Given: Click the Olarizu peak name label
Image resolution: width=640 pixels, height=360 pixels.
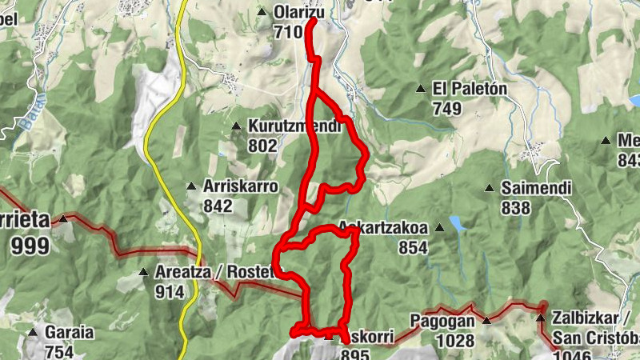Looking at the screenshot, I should tap(298, 13).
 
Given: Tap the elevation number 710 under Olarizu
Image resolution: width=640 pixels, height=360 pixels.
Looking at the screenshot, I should tap(286, 32).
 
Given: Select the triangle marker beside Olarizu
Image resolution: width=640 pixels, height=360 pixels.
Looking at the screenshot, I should tap(263, 11).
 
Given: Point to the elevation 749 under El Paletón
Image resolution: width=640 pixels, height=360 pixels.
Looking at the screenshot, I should tap(448, 108).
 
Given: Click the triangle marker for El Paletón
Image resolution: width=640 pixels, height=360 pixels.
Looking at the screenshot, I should tap(421, 88).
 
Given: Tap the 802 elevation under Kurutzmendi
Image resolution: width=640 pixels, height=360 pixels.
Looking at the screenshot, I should tap(262, 146).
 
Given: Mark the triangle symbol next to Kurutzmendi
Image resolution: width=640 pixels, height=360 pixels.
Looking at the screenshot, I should tap(236, 126).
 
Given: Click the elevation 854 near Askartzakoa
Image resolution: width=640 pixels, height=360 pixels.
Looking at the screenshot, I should tap(413, 247).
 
